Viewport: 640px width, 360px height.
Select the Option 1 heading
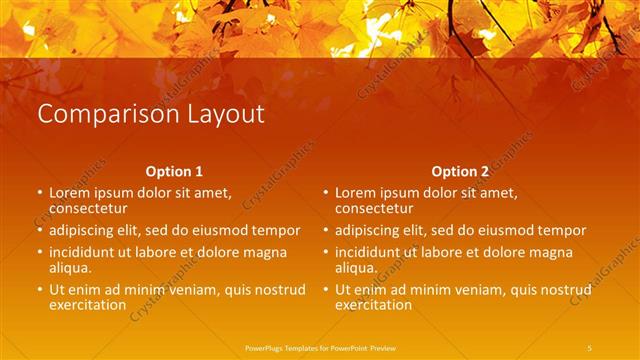tap(174, 171)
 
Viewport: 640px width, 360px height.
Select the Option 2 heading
tap(460, 171)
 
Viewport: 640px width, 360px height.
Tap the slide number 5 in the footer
tap(589, 347)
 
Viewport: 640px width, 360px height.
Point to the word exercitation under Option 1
tap(88, 305)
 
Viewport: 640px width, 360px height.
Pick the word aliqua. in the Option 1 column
tap(71, 267)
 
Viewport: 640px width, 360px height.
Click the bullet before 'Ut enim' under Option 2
tap(325, 290)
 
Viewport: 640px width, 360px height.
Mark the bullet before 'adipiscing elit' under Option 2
tap(325, 231)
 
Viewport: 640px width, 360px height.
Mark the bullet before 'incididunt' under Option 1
tap(39, 252)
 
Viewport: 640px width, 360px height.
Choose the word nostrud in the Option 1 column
tap(280, 290)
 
